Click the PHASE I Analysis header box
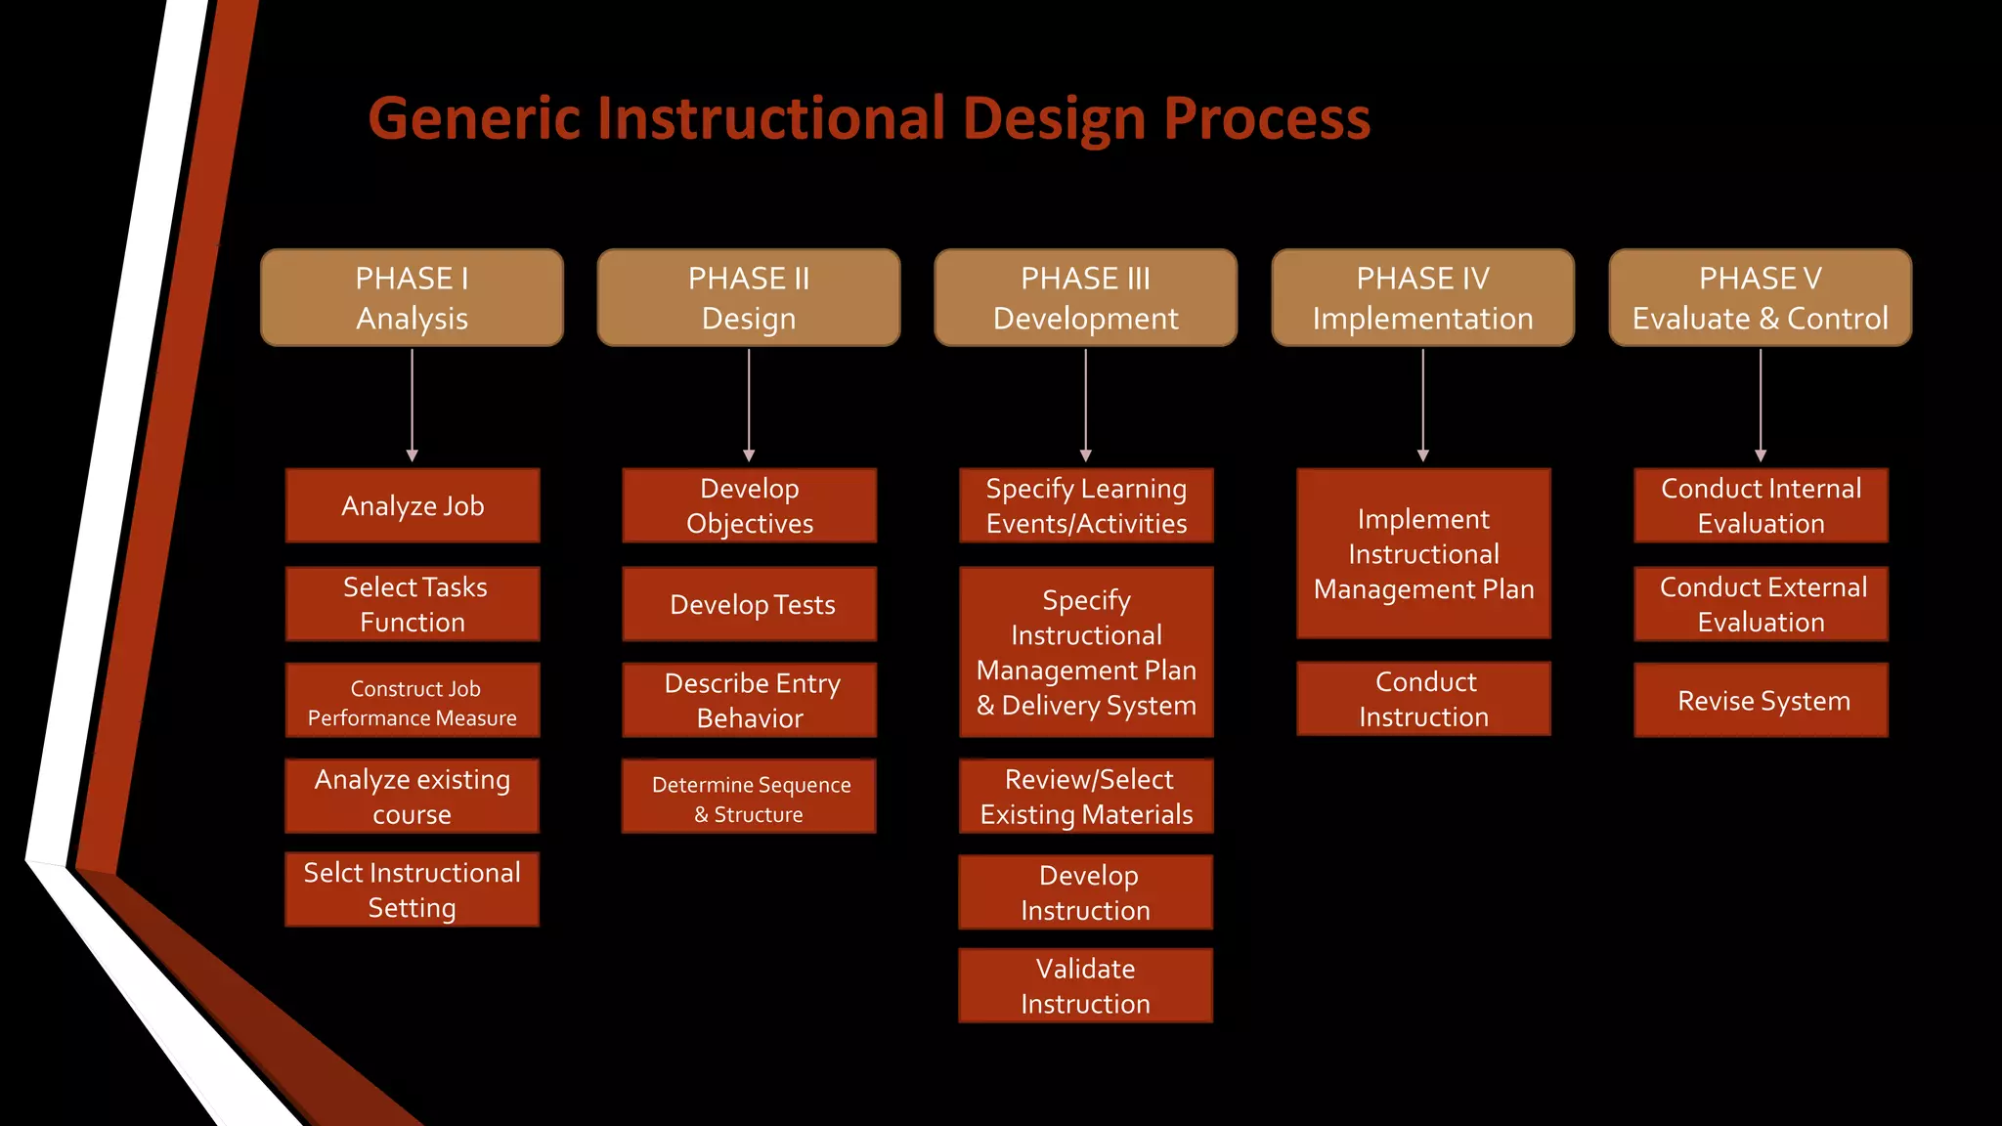pyautogui.click(x=412, y=297)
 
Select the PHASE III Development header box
pyautogui.click(x=1085, y=297)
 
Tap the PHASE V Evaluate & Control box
pyautogui.click(x=1760, y=297)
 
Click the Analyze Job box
pyautogui.click(x=412, y=505)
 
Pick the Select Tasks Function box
pyautogui.click(x=412, y=604)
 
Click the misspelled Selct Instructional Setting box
pyautogui.click(x=412, y=889)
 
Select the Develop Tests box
pyautogui.click(x=750, y=604)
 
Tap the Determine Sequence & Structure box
pyautogui.click(x=750, y=798)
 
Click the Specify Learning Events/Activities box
pyautogui.click(x=1086, y=505)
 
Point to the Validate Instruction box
pyautogui.click(x=1085, y=985)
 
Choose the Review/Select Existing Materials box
pyautogui.click(x=1086, y=797)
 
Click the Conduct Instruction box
pyautogui.click(x=1423, y=699)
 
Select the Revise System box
pyautogui.click(x=1761, y=701)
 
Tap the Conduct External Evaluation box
pyautogui.click(x=1761, y=604)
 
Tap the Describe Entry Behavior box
pyautogui.click(x=750, y=700)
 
